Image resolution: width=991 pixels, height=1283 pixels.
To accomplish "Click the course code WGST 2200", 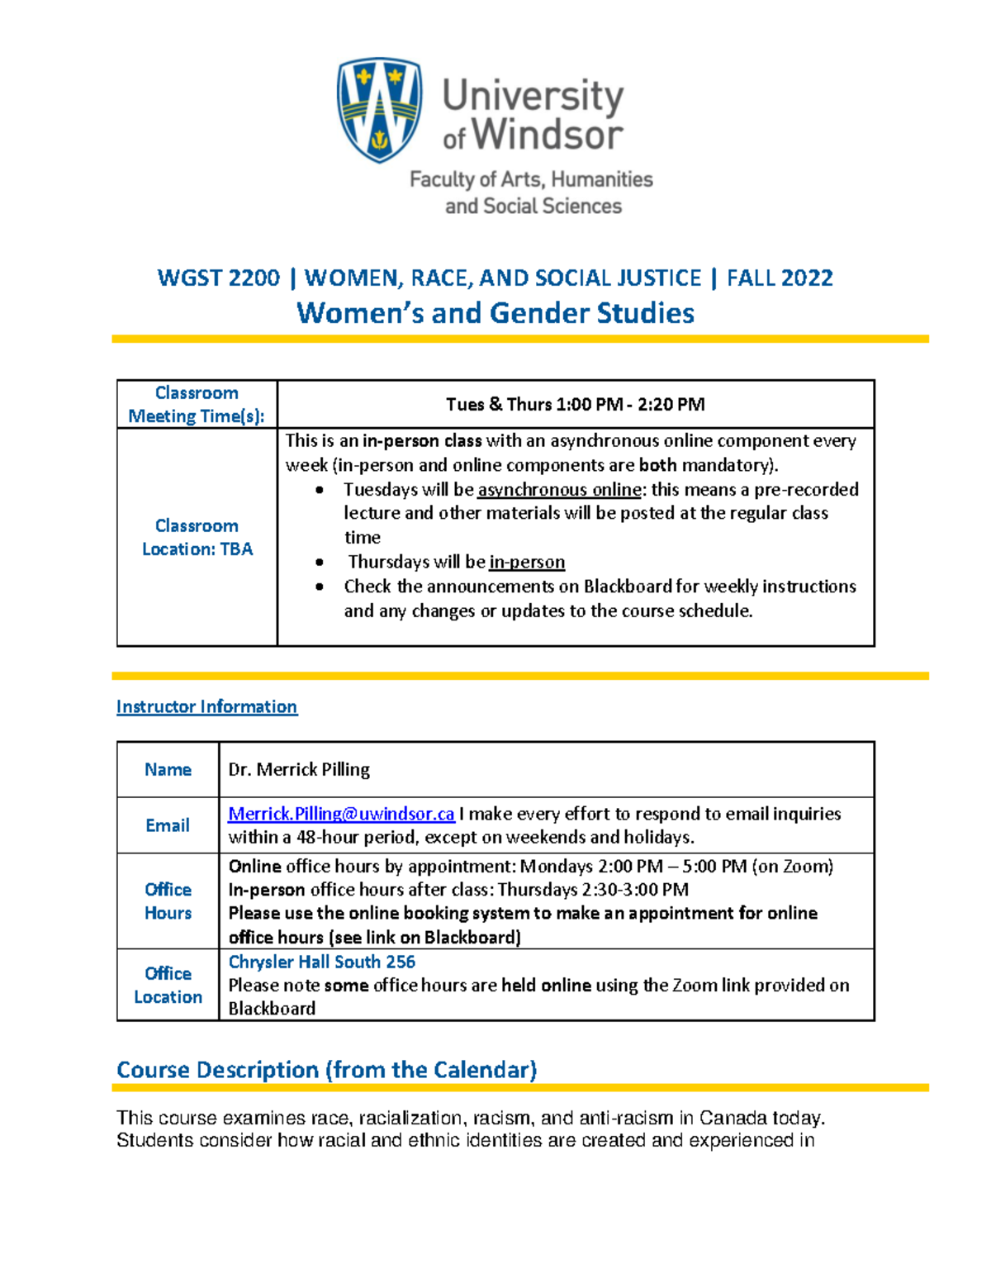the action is (218, 278).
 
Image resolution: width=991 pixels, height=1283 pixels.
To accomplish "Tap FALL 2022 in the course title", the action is (780, 278).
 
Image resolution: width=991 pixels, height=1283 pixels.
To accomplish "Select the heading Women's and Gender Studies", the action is (495, 313).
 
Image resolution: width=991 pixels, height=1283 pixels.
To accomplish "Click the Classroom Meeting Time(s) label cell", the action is (197, 404).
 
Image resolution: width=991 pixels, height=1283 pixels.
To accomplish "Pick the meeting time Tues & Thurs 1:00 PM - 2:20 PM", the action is (575, 404).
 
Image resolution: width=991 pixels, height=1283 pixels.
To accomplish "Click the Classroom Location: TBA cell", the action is (197, 537).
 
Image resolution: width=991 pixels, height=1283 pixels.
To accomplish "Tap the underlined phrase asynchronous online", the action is (559, 489).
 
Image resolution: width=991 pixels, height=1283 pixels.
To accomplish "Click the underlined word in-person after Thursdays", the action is (527, 562).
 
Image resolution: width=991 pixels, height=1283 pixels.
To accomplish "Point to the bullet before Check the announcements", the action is (320, 587).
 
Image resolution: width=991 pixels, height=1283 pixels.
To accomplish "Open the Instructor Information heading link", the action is (206, 706).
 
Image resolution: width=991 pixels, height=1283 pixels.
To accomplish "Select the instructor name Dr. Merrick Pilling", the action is (299, 769).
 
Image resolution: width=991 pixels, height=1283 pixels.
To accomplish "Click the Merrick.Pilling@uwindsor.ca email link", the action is (341, 814).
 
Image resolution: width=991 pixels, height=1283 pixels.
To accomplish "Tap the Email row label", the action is (168, 825).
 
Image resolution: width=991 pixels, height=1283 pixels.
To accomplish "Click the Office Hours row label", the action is (168, 900).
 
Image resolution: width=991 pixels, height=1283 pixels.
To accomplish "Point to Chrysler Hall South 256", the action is (321, 962).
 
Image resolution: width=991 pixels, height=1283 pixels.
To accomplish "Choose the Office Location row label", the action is (168, 985).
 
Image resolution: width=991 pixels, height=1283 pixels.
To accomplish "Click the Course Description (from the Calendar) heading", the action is (326, 1070).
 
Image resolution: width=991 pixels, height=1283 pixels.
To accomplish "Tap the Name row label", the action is (168, 769).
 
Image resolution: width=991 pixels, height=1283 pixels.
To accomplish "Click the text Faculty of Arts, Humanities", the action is (531, 179).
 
